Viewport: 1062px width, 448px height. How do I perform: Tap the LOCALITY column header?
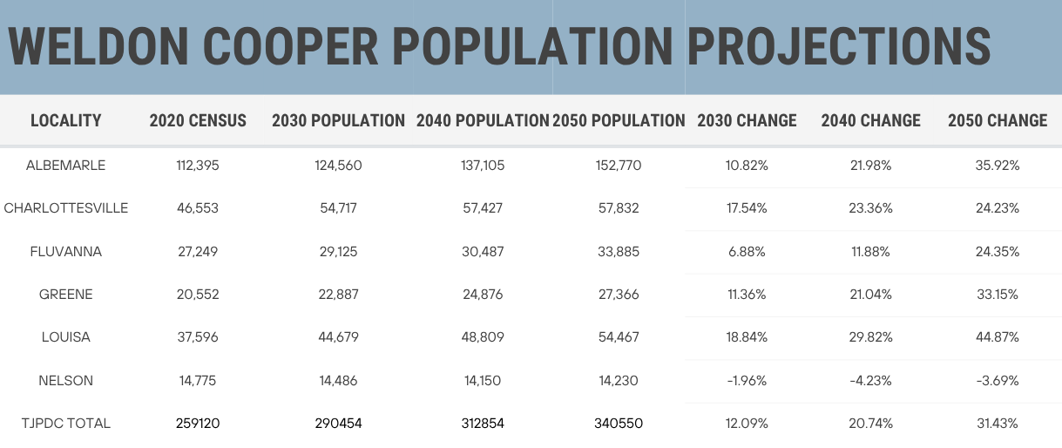tap(66, 121)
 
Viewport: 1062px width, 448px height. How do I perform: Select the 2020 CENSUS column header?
tap(198, 121)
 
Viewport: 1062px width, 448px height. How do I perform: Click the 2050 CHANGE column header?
tap(998, 121)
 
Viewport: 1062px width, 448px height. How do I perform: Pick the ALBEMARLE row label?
tap(66, 165)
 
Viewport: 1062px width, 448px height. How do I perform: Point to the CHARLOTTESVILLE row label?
tap(66, 208)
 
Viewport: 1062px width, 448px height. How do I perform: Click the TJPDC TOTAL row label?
tap(66, 424)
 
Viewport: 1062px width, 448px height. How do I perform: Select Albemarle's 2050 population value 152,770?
tap(619, 165)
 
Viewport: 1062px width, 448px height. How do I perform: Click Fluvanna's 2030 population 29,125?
tap(338, 252)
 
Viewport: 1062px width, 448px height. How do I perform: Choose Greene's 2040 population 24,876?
tap(481, 295)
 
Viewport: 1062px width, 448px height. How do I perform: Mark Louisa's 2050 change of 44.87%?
tap(997, 337)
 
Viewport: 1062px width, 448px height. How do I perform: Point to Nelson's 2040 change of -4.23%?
tap(870, 381)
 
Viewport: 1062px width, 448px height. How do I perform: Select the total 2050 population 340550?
tap(619, 424)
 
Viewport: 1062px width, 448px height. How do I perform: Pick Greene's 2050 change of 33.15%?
tap(997, 295)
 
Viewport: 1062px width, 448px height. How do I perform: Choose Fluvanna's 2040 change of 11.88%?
tap(871, 252)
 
